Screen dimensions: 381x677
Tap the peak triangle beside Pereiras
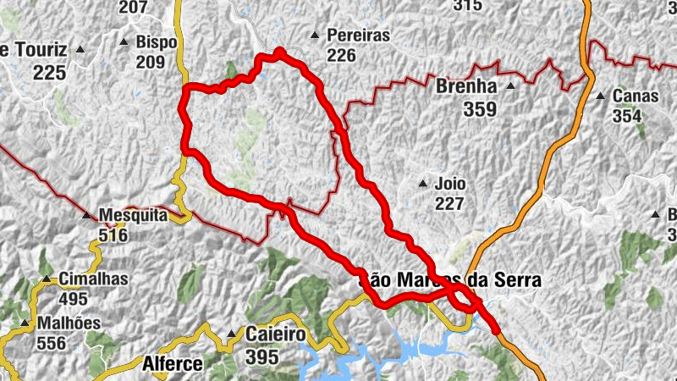point(315,36)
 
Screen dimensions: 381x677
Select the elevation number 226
point(341,55)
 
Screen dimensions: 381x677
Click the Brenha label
point(465,86)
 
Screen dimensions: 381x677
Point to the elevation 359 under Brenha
point(480,108)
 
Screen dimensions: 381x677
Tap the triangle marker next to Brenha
point(510,86)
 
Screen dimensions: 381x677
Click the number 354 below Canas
point(627,116)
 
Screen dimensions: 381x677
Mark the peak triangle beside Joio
point(423,183)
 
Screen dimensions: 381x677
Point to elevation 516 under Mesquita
point(112,235)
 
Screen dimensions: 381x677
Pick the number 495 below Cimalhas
point(74,299)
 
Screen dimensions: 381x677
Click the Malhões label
point(69,323)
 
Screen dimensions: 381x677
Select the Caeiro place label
point(275,334)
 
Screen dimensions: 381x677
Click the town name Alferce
point(173,364)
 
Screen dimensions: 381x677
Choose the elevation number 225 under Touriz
point(50,73)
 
